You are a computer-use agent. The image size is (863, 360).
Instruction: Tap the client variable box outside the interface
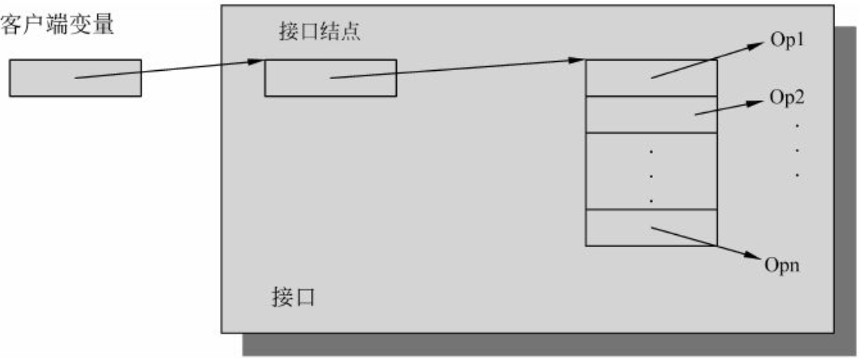pos(75,78)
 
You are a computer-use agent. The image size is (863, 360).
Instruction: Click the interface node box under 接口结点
pos(330,78)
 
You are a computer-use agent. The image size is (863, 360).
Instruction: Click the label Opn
pos(781,265)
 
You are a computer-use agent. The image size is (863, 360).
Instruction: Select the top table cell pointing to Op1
pos(651,78)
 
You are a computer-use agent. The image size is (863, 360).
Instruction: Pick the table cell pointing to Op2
pos(651,114)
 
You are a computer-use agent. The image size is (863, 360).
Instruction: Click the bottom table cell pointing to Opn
pos(651,228)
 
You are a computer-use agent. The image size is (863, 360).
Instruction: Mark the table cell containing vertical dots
pos(651,171)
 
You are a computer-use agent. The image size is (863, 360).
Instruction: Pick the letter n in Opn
pos(793,267)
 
